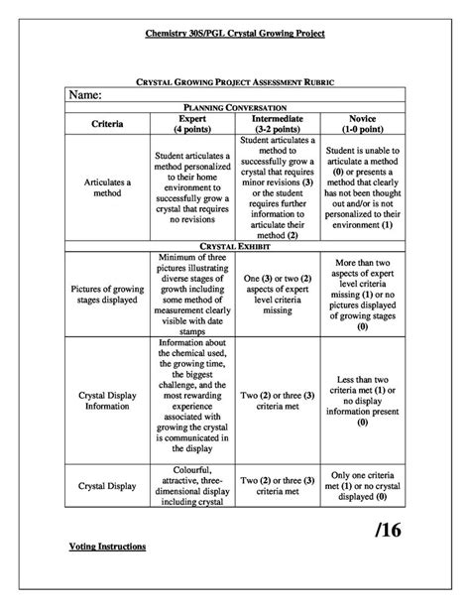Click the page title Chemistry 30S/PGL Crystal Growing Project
click(235, 33)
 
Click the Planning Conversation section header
click(235, 106)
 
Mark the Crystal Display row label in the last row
click(108, 486)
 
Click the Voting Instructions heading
click(108, 547)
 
